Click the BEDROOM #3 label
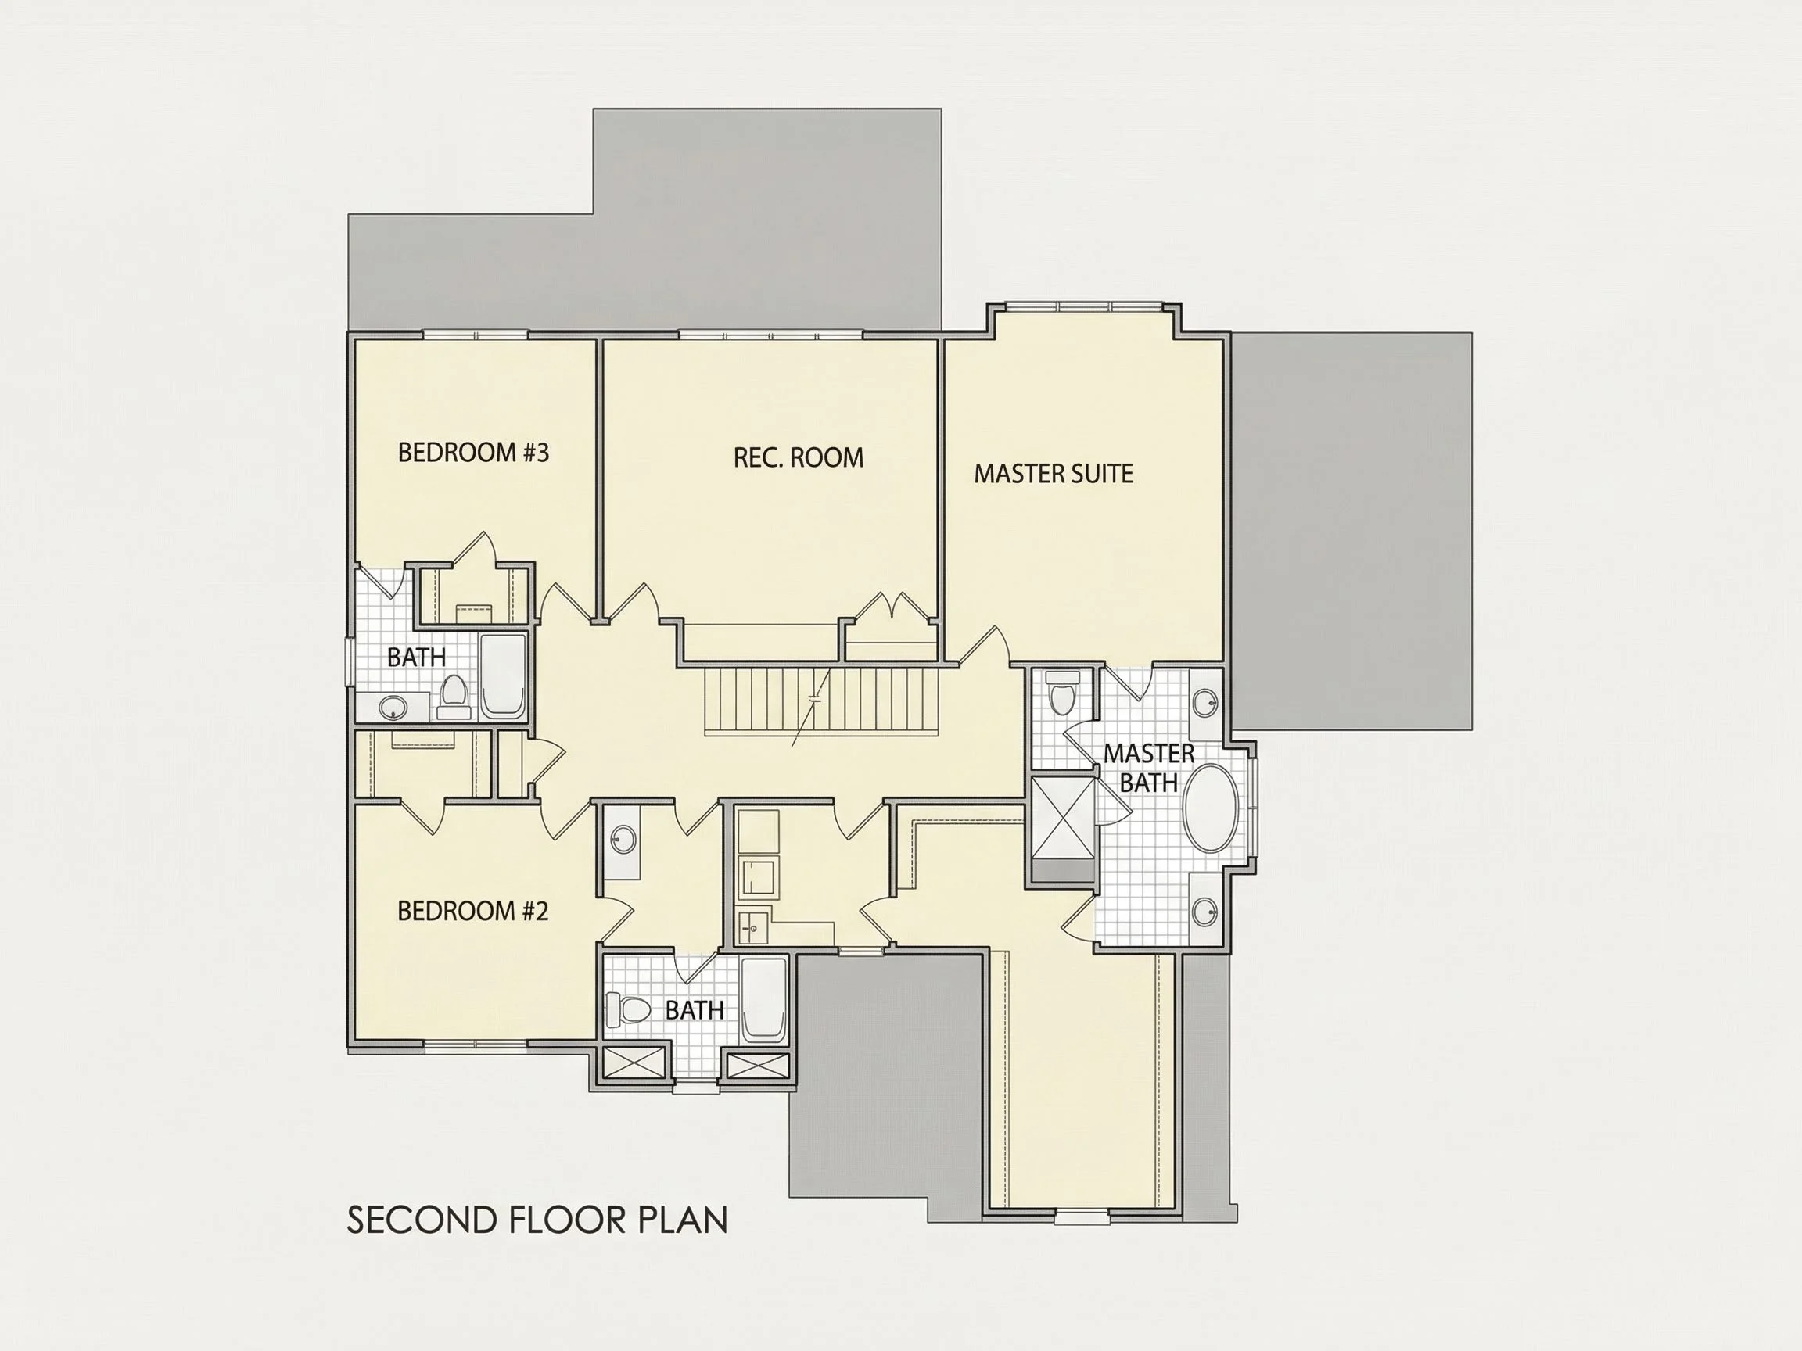tap(473, 453)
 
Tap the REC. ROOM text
tap(799, 457)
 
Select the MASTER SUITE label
tap(1054, 474)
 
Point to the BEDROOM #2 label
tap(472, 910)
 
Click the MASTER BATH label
tap(1149, 768)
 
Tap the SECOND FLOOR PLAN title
tap(537, 1220)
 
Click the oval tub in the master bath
tap(1211, 808)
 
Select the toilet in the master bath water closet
tap(1061, 693)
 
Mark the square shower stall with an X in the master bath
tap(1063, 817)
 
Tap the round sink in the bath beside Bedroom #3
tap(393, 707)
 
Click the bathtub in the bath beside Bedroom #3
tap(502, 678)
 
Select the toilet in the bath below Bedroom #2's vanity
tap(628, 1011)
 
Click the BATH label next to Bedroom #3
tap(416, 658)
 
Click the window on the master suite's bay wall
tap(1082, 306)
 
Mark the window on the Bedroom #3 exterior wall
tap(476, 334)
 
